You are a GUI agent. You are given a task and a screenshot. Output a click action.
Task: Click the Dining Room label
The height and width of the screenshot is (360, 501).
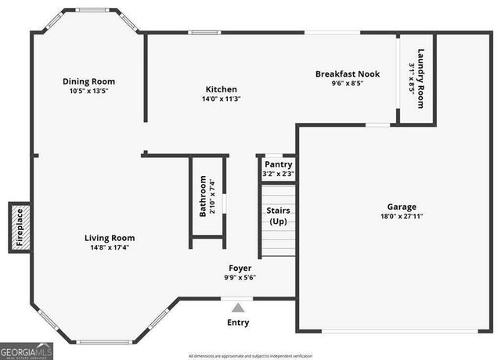(x=89, y=81)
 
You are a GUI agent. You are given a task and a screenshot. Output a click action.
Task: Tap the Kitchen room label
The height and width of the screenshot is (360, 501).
(x=221, y=89)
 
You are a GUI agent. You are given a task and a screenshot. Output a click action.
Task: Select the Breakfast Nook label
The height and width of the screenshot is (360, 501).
(x=348, y=74)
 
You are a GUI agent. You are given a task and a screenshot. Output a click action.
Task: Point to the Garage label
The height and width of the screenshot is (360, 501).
(x=402, y=207)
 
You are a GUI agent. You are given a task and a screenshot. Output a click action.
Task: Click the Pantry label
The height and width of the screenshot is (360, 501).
(x=278, y=164)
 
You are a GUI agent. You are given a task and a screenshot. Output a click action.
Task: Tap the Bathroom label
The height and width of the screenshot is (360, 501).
(x=203, y=196)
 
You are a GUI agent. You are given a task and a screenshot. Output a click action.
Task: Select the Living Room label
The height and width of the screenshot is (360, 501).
(x=110, y=238)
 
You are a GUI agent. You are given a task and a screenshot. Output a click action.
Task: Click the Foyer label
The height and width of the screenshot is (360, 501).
(x=240, y=268)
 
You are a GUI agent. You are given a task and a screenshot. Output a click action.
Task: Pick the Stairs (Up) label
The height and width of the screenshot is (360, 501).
(x=279, y=216)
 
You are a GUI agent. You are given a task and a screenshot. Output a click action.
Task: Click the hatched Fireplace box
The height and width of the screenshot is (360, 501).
(x=21, y=228)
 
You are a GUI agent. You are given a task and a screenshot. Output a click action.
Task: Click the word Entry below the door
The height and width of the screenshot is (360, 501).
(x=239, y=322)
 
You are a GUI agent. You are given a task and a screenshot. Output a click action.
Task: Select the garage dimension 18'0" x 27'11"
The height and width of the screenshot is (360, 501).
(x=402, y=217)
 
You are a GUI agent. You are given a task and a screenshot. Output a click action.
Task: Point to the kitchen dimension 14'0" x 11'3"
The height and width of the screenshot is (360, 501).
(x=221, y=99)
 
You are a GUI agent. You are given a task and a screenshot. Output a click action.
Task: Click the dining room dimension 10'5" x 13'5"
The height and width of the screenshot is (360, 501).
(x=88, y=91)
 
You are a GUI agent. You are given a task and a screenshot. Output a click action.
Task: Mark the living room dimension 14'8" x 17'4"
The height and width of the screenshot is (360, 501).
(x=110, y=247)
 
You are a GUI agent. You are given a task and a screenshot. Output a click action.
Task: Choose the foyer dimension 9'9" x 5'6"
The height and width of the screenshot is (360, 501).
(x=240, y=277)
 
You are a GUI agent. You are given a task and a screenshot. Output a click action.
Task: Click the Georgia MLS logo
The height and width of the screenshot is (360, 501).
(x=27, y=351)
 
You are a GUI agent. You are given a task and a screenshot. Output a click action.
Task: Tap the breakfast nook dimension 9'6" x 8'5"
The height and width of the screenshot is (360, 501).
(x=348, y=83)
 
